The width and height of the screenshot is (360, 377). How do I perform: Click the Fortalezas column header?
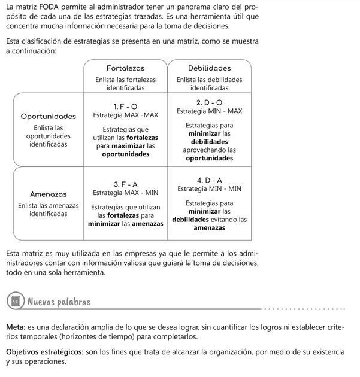(x=125, y=68)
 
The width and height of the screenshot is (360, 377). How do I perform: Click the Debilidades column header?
(x=209, y=68)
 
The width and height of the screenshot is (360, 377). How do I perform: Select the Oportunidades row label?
(x=49, y=117)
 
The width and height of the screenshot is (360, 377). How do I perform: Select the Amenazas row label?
(x=49, y=194)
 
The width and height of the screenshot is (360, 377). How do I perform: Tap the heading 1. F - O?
(x=126, y=106)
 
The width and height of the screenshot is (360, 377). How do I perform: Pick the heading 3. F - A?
(x=126, y=183)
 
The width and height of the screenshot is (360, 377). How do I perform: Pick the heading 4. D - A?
(x=210, y=180)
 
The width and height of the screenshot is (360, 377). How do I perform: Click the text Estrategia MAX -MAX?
(x=126, y=115)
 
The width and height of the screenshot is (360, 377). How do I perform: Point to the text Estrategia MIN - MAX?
(x=210, y=111)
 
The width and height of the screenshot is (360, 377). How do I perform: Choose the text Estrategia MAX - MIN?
(x=126, y=193)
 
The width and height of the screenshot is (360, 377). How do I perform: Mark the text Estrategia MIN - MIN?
(x=210, y=189)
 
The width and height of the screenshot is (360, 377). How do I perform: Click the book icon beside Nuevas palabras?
(x=14, y=301)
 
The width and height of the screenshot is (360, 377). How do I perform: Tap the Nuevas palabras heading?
(x=59, y=301)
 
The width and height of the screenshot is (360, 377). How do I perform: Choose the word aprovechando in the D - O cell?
(x=205, y=150)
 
